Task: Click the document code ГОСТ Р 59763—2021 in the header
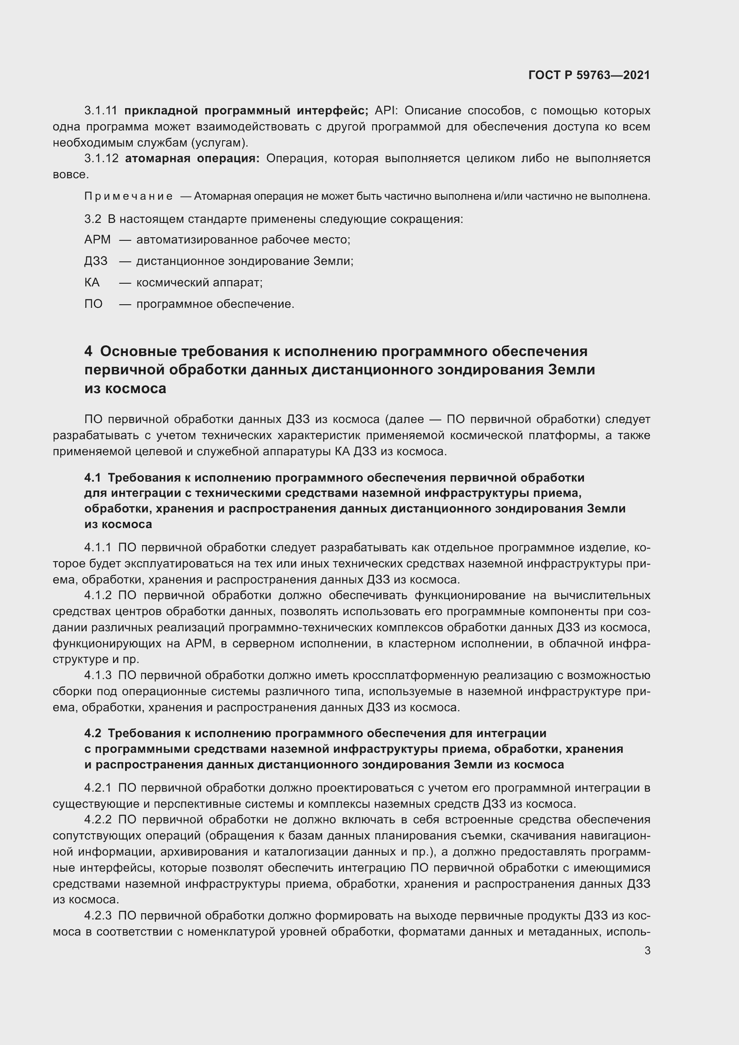tap(589, 75)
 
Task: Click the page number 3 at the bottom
tap(647, 951)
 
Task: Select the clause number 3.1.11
tap(101, 111)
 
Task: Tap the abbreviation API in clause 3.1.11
tap(385, 111)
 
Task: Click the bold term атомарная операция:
tap(192, 159)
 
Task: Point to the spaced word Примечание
tap(128, 196)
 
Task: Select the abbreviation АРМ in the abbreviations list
tap(97, 239)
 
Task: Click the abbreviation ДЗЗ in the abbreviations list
tap(96, 261)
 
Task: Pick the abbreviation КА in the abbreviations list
tap(92, 282)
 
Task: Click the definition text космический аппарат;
tap(199, 282)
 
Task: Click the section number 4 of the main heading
tap(88, 351)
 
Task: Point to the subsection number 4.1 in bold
tap(92, 478)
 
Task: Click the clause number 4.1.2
tap(98, 595)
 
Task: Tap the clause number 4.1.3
tap(98, 676)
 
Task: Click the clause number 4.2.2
tap(98, 820)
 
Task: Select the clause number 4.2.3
tap(98, 916)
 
